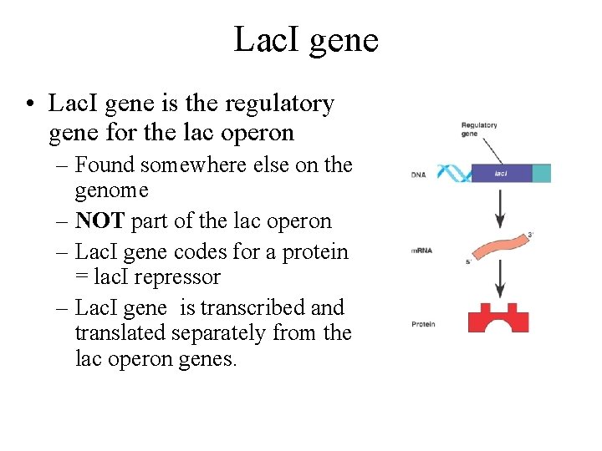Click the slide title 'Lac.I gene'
306,39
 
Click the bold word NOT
98,221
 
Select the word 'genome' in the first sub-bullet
111,191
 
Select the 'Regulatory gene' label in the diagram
478,129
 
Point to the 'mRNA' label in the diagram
421,251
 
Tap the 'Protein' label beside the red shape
423,324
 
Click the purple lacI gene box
500,174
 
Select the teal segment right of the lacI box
541,174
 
